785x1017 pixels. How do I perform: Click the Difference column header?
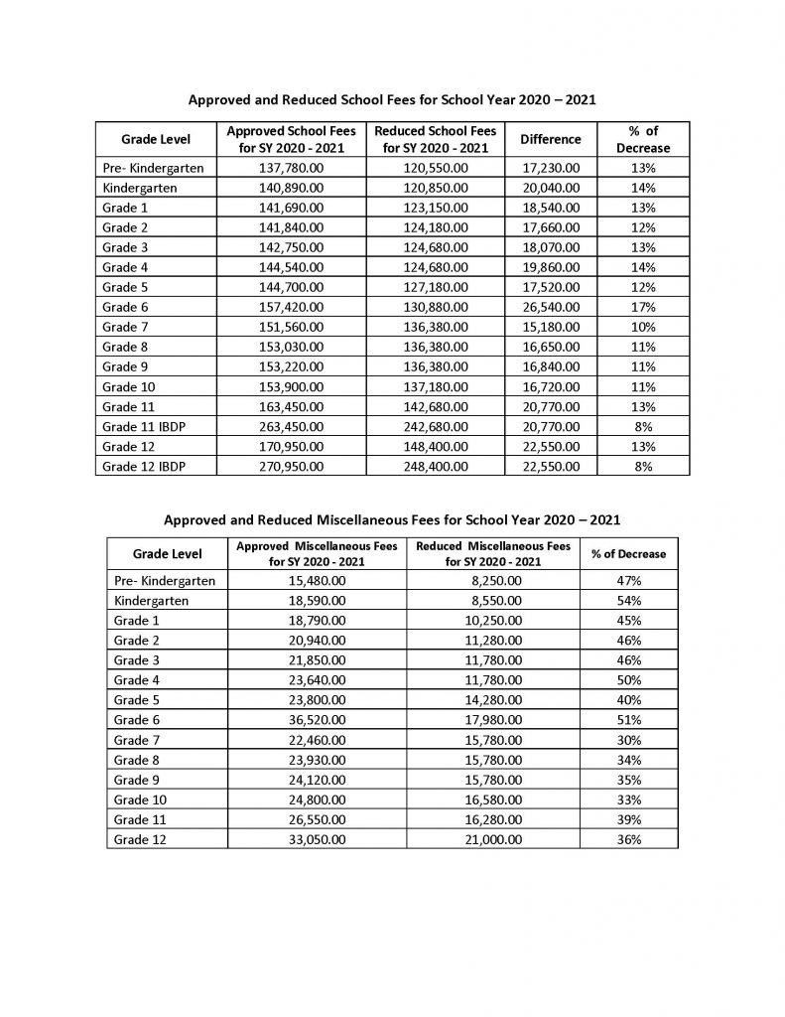[x=551, y=139]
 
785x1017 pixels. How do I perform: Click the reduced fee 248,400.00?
[x=433, y=465]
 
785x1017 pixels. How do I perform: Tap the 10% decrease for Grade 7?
[x=642, y=327]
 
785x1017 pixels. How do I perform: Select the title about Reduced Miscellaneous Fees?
[x=392, y=518]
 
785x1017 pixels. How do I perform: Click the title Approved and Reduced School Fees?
[x=392, y=100]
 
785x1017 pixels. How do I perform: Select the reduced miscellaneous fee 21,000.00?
[x=493, y=839]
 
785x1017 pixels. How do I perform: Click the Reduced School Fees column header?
[x=433, y=139]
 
